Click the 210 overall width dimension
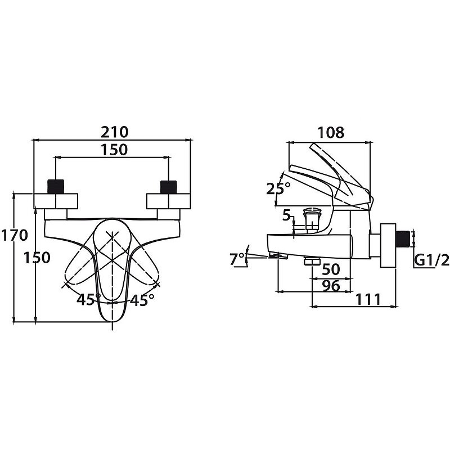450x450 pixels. [x=115, y=132]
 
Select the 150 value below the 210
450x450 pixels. [x=115, y=150]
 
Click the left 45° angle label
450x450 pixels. [x=89, y=300]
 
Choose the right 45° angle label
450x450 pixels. [x=142, y=300]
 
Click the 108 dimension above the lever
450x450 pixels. [x=331, y=133]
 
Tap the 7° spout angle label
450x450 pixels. [x=237, y=259]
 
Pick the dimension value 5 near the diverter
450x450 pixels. [x=286, y=215]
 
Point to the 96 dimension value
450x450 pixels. [x=330, y=286]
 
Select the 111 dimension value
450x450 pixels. [x=368, y=299]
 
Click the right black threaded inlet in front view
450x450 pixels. [x=169, y=187]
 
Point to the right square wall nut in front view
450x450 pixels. [x=169, y=201]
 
